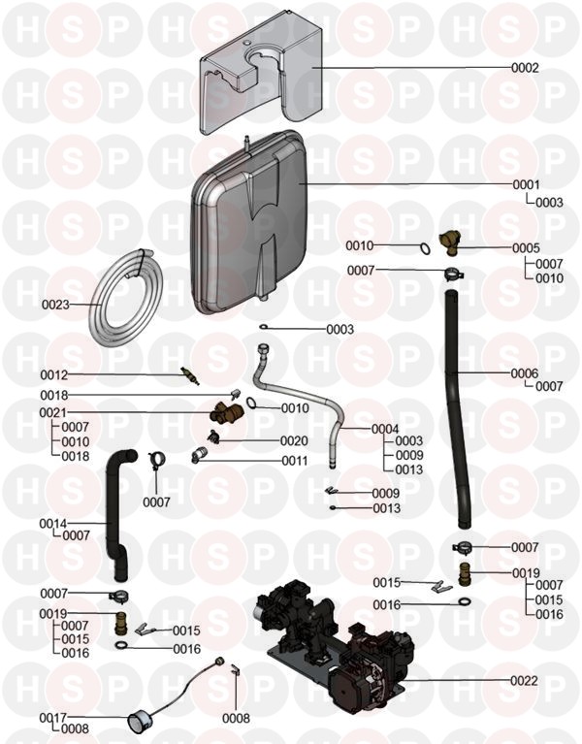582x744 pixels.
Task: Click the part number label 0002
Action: (525, 69)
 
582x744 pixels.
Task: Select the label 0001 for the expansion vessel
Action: (525, 184)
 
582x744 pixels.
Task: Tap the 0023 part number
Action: (55, 305)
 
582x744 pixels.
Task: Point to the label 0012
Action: (53, 374)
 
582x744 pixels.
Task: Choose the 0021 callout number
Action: (52, 413)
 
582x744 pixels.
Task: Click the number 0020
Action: (294, 440)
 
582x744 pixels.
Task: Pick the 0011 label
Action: (294, 461)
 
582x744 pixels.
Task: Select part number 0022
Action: (524, 680)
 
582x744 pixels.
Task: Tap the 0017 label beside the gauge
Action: (52, 718)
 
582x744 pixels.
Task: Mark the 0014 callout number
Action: (52, 524)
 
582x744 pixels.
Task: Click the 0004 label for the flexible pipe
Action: (385, 429)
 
